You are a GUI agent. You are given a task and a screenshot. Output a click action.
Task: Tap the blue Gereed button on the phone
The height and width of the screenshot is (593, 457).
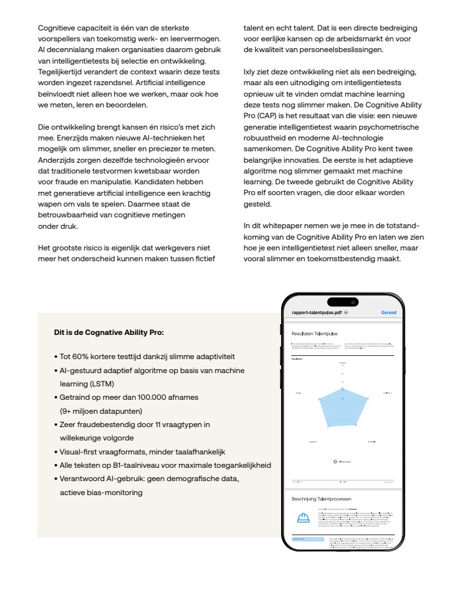coord(388,313)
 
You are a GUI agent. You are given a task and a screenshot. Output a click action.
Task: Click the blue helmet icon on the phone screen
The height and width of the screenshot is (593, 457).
coord(303,517)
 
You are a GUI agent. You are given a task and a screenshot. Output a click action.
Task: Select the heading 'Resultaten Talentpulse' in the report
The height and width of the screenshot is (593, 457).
coord(314,333)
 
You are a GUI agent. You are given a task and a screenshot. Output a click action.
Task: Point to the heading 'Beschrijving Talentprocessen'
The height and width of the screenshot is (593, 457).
coord(321,499)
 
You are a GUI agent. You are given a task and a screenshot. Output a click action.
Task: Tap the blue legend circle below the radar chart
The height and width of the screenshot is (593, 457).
coord(335,461)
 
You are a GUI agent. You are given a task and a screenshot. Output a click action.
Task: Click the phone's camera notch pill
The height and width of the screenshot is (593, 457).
coord(343,301)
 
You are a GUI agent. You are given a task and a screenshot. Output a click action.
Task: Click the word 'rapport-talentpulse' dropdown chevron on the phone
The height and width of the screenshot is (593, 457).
coord(346,313)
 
